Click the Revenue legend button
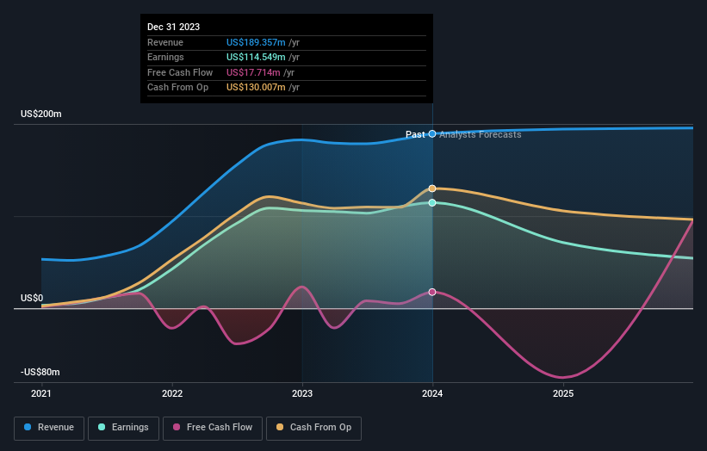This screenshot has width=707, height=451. click(49, 427)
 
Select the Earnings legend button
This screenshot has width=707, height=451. click(123, 427)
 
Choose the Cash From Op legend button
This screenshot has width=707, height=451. click(314, 427)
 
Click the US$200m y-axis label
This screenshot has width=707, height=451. click(41, 114)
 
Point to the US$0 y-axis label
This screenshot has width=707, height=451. click(32, 298)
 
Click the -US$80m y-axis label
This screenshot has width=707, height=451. click(40, 372)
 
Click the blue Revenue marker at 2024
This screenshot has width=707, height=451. click(432, 133)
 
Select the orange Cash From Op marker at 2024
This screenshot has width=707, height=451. click(432, 188)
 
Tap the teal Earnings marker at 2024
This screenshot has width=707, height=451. click(432, 202)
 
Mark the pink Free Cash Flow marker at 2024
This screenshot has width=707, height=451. click(432, 292)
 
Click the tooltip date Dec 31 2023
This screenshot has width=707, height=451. click(173, 27)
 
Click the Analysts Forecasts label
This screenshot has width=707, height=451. click(480, 134)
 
